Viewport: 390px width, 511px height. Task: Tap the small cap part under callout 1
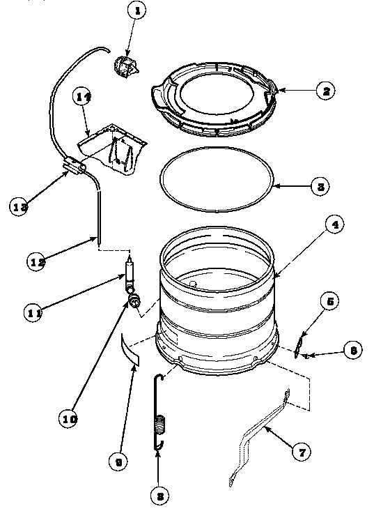[x=125, y=68]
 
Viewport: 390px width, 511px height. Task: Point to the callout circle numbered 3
[x=319, y=187]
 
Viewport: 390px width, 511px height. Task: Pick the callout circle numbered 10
[x=68, y=420]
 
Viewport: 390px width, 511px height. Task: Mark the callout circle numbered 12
[x=37, y=261]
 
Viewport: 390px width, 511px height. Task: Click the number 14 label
[x=84, y=100]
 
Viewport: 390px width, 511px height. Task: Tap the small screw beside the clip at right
[x=307, y=356]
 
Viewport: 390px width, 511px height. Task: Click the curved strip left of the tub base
[x=130, y=346]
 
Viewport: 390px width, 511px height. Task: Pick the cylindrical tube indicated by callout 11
[x=130, y=273]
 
